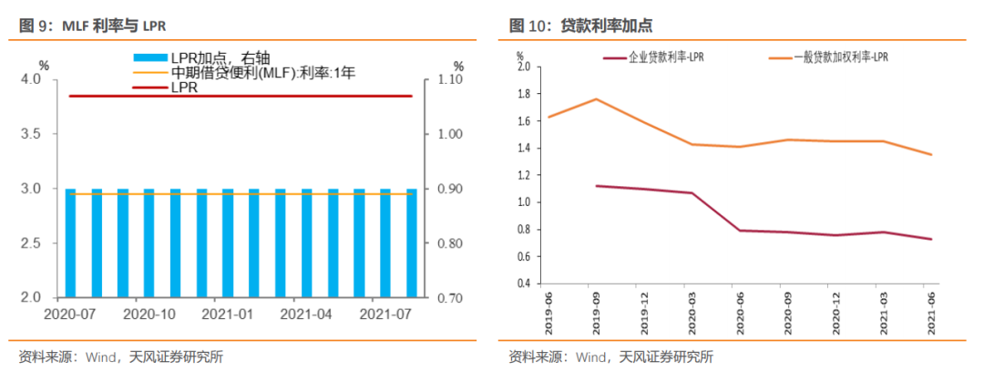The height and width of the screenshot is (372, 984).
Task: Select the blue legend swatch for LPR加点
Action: tap(149, 57)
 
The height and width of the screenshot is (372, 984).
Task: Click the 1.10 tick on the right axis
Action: tap(446, 79)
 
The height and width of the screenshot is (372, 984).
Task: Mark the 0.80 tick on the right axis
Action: tap(446, 243)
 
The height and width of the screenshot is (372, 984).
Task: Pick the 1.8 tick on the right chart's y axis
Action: tap(522, 94)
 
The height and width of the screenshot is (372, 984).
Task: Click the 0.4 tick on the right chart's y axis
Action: tap(522, 283)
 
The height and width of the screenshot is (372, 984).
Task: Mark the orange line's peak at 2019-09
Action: tap(596, 98)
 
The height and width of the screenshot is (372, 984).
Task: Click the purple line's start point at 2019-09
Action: tap(596, 185)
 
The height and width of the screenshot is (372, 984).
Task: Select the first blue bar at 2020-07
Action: tap(70, 243)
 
